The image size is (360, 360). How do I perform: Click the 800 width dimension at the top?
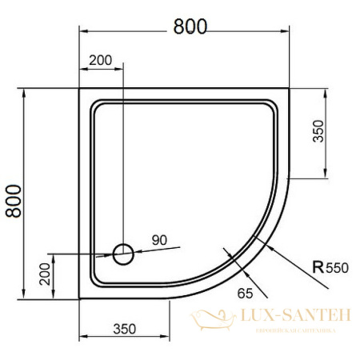point(190,26)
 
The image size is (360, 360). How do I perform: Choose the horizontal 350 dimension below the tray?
point(124,329)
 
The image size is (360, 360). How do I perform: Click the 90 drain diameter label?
point(158,240)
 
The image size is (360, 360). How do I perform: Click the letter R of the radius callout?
point(318,268)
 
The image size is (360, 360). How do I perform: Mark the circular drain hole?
point(123,254)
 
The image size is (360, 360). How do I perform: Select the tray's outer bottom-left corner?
point(78,301)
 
